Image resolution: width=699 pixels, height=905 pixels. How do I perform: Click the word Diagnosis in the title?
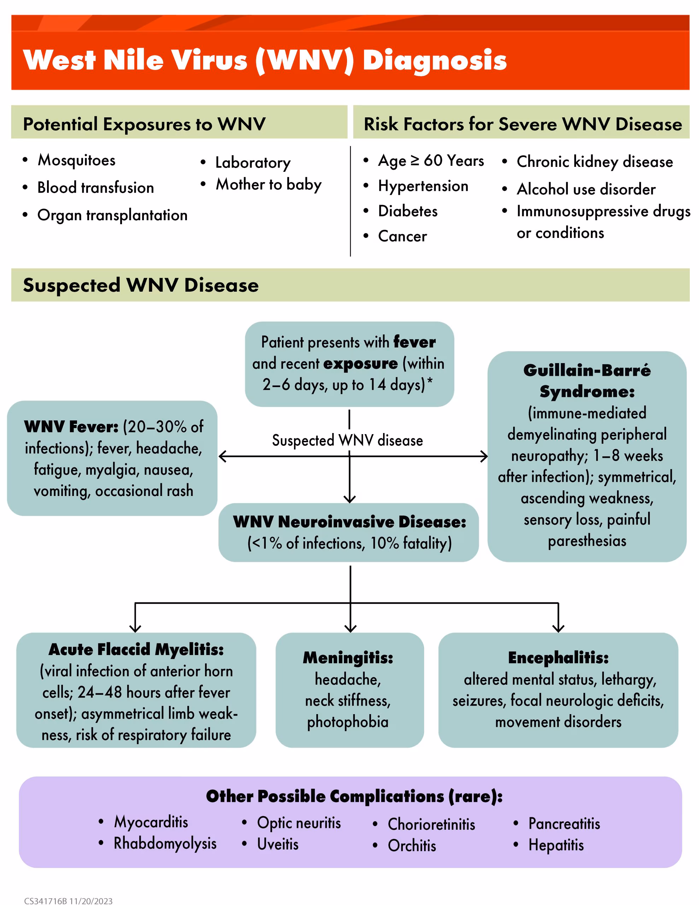(434, 60)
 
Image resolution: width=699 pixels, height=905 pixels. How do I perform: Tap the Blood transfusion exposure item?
(95, 188)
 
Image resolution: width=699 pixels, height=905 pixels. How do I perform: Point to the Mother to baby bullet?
(269, 185)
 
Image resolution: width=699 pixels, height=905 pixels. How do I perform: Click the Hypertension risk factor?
(423, 186)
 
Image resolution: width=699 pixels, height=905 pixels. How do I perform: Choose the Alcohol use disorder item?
(586, 189)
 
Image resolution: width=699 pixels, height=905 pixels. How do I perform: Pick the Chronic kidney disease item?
(595, 162)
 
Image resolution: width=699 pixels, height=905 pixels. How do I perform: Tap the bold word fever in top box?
(414, 342)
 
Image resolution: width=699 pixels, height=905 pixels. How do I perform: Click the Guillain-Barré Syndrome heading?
(587, 380)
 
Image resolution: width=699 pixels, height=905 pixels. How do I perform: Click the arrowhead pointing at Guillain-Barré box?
(484, 456)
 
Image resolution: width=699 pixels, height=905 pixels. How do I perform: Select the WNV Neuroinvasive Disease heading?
(349, 522)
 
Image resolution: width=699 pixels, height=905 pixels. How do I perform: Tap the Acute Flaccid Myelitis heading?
(136, 649)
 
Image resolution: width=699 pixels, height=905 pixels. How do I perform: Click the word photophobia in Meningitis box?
(348, 722)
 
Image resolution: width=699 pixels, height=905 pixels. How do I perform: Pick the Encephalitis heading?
(558, 658)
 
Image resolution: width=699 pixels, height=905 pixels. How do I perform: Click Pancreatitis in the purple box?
(564, 824)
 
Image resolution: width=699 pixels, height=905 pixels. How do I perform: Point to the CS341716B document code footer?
(46, 900)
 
